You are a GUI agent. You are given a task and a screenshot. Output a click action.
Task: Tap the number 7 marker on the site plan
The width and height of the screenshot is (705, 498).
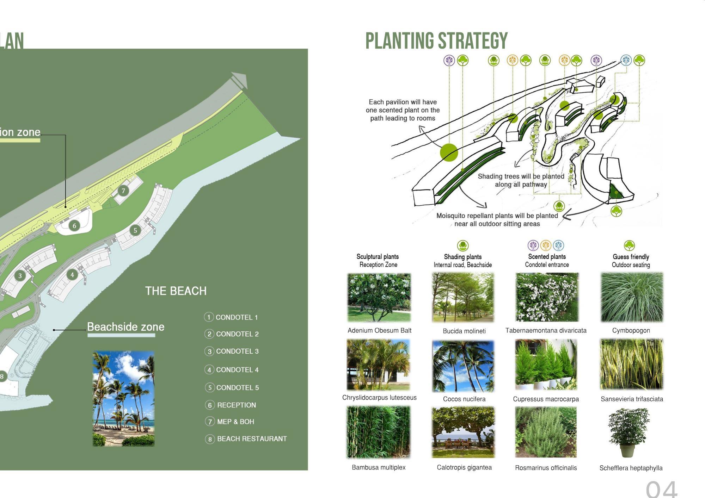(x=123, y=191)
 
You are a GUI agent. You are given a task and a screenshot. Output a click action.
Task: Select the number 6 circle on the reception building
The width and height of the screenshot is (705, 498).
(x=74, y=226)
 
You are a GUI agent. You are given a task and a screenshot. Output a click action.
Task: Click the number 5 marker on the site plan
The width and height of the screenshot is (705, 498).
(x=135, y=230)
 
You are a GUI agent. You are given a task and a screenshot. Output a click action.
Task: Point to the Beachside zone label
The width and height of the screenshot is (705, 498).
(x=125, y=327)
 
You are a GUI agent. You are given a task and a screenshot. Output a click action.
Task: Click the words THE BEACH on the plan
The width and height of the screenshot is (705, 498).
(x=176, y=291)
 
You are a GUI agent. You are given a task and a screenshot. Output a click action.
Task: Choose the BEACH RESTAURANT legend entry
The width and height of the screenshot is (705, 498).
(x=252, y=439)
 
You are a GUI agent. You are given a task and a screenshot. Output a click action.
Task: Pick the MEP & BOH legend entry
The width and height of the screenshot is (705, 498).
(x=235, y=422)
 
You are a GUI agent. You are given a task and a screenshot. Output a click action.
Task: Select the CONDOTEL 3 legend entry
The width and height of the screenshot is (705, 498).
(x=237, y=351)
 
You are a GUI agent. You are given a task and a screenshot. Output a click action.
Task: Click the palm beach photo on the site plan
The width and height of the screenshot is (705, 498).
(x=123, y=398)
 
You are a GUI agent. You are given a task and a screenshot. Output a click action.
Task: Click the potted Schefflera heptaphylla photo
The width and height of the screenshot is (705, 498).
(x=628, y=432)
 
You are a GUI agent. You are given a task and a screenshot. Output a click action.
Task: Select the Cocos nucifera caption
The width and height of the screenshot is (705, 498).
(x=464, y=399)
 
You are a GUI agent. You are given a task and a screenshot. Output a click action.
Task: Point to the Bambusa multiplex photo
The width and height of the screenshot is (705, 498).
(x=378, y=432)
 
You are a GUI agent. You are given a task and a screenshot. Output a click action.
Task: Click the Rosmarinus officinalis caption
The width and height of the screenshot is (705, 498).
(x=546, y=468)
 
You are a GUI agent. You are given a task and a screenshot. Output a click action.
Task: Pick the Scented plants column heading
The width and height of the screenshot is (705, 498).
(x=547, y=257)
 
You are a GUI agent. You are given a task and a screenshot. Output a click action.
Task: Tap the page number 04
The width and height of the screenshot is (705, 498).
(x=661, y=489)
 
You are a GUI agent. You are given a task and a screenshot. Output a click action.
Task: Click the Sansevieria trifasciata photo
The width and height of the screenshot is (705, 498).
(x=631, y=364)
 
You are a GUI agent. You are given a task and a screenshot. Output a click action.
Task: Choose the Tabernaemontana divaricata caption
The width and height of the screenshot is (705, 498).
(x=546, y=330)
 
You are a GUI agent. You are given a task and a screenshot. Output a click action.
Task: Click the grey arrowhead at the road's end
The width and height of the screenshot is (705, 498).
(x=240, y=80)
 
